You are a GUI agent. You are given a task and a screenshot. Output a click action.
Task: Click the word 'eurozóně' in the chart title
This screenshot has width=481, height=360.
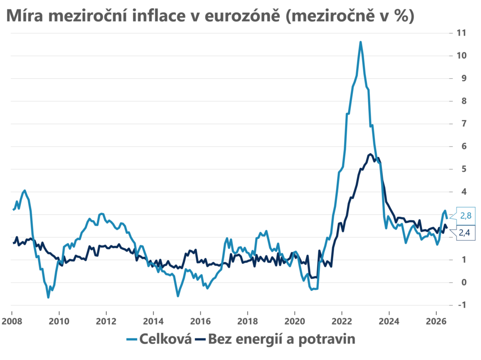tap(242, 16)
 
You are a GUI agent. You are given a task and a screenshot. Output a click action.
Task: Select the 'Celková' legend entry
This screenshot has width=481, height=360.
tap(159, 339)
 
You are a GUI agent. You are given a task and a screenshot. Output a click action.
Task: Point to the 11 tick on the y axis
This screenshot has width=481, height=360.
tap(461, 33)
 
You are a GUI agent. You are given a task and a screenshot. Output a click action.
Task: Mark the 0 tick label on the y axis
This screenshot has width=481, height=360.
tap(464, 282)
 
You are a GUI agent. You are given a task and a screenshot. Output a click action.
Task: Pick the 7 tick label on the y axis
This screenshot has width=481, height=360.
tap(464, 123)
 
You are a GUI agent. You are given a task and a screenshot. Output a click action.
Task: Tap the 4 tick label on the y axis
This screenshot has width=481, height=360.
tap(464, 191)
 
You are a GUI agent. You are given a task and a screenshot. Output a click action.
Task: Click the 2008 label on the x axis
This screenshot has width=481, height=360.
tap(12, 322)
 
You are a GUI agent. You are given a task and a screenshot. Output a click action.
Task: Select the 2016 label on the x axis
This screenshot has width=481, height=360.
tap(201, 322)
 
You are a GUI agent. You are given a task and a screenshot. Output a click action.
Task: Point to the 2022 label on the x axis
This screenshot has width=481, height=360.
tap(342, 322)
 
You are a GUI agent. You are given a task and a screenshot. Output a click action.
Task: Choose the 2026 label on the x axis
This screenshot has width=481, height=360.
tap(436, 322)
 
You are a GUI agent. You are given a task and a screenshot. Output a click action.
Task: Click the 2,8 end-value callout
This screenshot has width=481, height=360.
tap(465, 216)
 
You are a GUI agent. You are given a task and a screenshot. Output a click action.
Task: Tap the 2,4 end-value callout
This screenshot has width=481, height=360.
tap(464, 233)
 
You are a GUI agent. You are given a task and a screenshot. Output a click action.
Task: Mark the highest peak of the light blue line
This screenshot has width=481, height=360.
tap(360, 42)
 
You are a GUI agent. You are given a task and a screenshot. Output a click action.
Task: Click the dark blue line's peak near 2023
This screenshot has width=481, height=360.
tap(370, 154)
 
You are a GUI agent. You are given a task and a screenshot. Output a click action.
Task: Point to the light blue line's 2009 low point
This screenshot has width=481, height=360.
tap(48, 297)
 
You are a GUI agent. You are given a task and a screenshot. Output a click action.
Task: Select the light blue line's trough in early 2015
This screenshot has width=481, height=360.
tap(178, 296)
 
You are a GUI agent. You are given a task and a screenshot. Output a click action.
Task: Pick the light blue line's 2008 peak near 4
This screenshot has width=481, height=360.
tap(25, 191)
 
